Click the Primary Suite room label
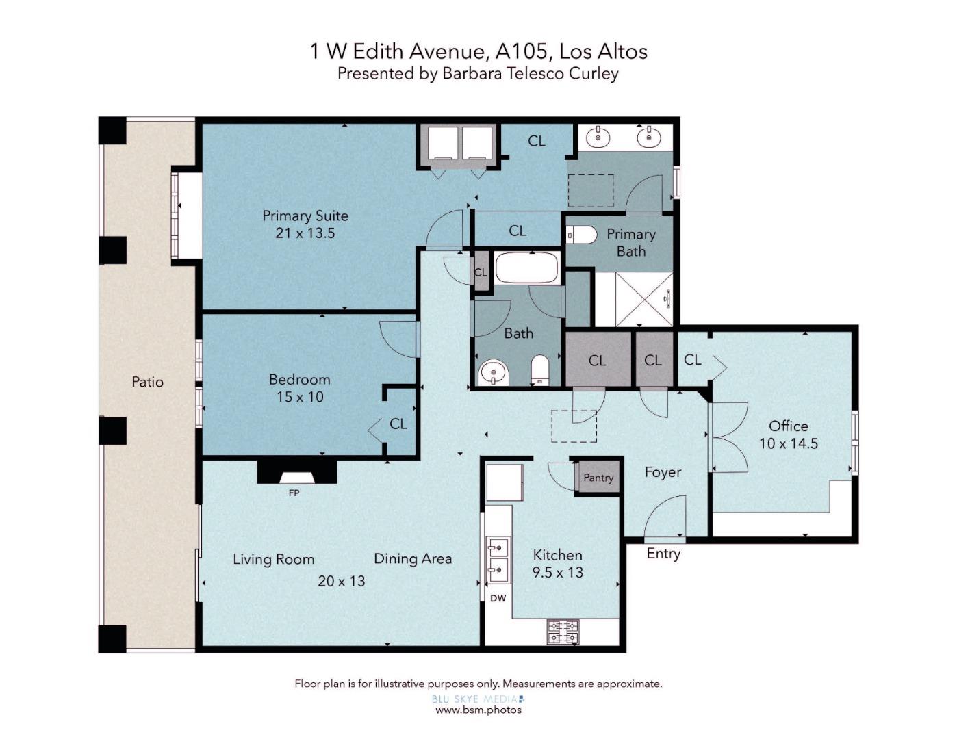(x=305, y=216)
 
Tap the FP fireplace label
(x=294, y=493)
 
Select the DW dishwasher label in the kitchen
(x=498, y=598)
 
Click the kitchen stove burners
(x=563, y=632)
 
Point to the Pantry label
(x=598, y=478)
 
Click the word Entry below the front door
(x=663, y=554)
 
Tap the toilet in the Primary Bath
(x=581, y=235)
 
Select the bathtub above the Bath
(x=527, y=268)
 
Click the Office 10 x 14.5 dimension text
(x=789, y=443)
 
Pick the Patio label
(x=148, y=382)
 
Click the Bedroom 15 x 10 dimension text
(x=300, y=397)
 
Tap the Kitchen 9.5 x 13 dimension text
(x=557, y=572)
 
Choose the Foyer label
(x=663, y=472)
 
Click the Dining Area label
(x=413, y=558)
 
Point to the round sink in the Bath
(x=494, y=374)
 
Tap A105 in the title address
(x=522, y=51)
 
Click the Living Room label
(x=274, y=559)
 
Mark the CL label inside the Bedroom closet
(x=398, y=424)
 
